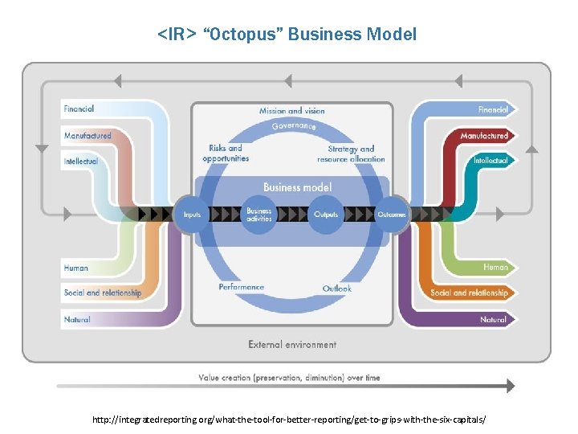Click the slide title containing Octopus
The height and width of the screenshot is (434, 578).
pyautogui.click(x=287, y=35)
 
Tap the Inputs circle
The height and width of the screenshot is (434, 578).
pyautogui.click(x=192, y=215)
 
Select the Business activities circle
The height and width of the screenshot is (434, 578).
pyautogui.click(x=258, y=215)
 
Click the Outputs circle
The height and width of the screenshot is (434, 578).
pyautogui.click(x=326, y=215)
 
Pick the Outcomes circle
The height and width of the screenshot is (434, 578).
pyautogui.click(x=393, y=215)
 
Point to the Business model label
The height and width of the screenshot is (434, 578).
pyautogui.click(x=297, y=187)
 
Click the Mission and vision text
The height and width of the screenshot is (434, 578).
pyautogui.click(x=291, y=111)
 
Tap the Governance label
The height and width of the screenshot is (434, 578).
pyautogui.click(x=293, y=127)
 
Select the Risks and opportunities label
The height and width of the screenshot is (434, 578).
pyautogui.click(x=226, y=153)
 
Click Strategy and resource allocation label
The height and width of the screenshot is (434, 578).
pyautogui.click(x=351, y=154)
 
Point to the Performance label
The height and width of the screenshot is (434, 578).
pyautogui.click(x=241, y=287)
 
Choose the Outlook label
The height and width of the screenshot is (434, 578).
pyautogui.click(x=337, y=289)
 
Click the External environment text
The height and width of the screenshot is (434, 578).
pyautogui.click(x=292, y=344)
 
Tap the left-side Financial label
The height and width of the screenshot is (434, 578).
pyautogui.click(x=79, y=108)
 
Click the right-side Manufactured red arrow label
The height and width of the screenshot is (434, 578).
pyautogui.click(x=484, y=136)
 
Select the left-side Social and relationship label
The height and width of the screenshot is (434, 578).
pyautogui.click(x=103, y=293)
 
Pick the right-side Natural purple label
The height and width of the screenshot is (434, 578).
pyautogui.click(x=493, y=319)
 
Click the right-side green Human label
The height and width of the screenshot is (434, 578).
pyautogui.click(x=495, y=267)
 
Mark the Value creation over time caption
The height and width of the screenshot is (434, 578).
pyautogui.click(x=289, y=377)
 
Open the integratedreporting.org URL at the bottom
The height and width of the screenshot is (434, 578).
pyautogui.click(x=289, y=420)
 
